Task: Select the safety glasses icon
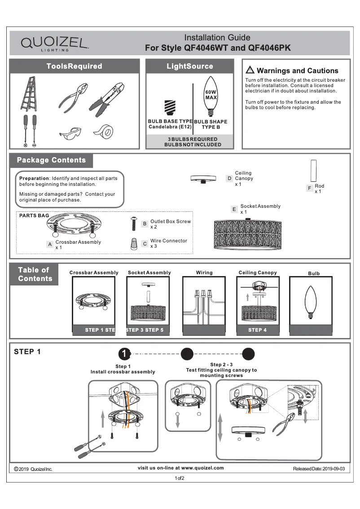tap(70, 133)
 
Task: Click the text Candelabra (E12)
tap(170, 127)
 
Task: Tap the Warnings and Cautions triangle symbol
tap(250, 70)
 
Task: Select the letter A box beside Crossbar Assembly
tap(50, 245)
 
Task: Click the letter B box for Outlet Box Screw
tap(145, 224)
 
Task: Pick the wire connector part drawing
tap(134, 244)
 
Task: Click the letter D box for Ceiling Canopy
tap(229, 178)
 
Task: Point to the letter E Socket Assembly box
tap(234, 209)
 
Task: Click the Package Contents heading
tap(51, 160)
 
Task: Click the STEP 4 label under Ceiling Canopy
tap(257, 330)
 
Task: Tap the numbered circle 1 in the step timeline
tap(124, 354)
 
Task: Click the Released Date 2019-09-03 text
tap(319, 469)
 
